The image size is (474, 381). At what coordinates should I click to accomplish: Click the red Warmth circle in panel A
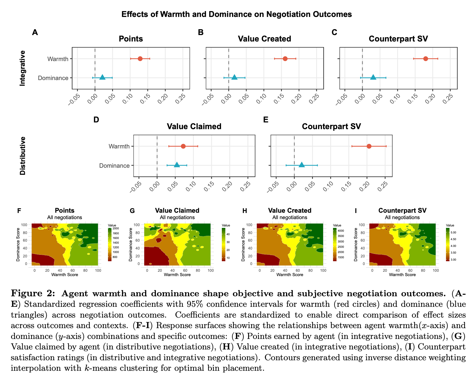click(x=140, y=59)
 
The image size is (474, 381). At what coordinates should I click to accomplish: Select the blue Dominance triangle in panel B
click(x=234, y=77)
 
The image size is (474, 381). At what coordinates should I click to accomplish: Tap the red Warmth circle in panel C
click(x=426, y=59)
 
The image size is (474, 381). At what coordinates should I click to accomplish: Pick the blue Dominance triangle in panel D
click(x=177, y=165)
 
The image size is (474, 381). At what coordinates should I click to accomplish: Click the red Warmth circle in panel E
click(x=369, y=146)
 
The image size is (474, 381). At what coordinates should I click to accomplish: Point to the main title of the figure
click(x=236, y=14)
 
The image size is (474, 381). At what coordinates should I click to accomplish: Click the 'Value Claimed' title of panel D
click(x=194, y=126)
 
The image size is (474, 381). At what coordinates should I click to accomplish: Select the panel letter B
click(x=201, y=32)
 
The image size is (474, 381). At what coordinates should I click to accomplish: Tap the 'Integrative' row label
click(x=22, y=68)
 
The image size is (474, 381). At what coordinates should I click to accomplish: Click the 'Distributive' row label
click(x=22, y=156)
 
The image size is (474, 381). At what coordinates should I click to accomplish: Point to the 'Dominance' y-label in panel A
click(x=53, y=78)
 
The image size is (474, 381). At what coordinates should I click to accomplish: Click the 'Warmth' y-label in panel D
click(x=119, y=146)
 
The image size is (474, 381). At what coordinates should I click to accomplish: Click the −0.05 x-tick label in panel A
click(x=74, y=100)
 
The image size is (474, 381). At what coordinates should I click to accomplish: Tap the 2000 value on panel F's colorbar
click(x=116, y=228)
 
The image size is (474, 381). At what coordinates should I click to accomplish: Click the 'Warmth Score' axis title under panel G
click(x=177, y=275)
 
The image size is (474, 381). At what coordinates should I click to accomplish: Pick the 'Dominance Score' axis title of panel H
click(x=243, y=245)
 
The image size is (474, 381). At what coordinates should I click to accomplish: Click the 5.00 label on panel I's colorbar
click(x=453, y=232)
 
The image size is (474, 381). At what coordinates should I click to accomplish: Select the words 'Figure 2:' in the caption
click(x=33, y=293)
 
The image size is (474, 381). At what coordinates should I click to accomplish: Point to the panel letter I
click(x=355, y=211)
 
